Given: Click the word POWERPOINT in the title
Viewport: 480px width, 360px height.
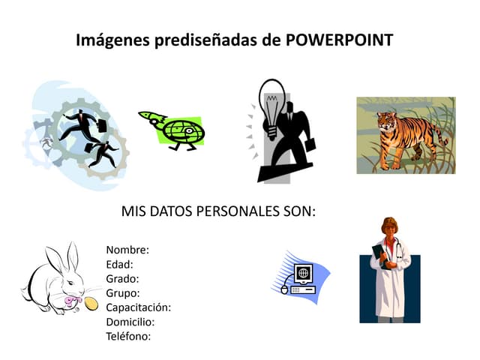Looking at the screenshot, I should [340, 40].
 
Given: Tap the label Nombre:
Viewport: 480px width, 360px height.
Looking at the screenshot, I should [127, 250].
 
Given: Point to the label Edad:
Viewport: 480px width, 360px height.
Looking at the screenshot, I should [120, 264].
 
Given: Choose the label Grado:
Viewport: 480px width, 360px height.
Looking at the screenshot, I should [123, 278].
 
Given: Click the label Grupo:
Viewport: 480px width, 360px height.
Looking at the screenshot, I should [123, 292].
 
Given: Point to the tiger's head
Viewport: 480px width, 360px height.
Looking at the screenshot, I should [387, 122].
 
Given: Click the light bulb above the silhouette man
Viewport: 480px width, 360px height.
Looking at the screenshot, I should [271, 100].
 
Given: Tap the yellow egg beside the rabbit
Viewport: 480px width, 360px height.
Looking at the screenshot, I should [91, 303].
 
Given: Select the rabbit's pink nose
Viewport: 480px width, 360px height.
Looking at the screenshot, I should [73, 300].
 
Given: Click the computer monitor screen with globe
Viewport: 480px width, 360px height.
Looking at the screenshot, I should [303, 272].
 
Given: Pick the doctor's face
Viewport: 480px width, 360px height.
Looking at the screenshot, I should [390, 228].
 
